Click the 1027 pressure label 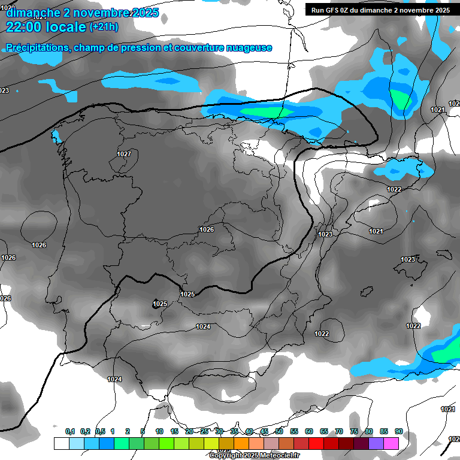pyautogui.click(x=124, y=154)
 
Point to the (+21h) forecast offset pyautogui.click(x=104, y=27)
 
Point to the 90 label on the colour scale pyautogui.click(x=398, y=431)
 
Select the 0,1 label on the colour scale pyautogui.click(x=70, y=431)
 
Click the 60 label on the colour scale pyautogui.click(x=309, y=431)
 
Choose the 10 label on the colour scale pyautogui.click(x=159, y=431)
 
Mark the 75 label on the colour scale pyautogui.click(x=354, y=431)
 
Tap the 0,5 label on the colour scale pyautogui.click(x=100, y=431)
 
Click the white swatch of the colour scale pyautogui.click(x=61, y=443)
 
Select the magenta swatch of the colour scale pyautogui.click(x=391, y=443)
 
